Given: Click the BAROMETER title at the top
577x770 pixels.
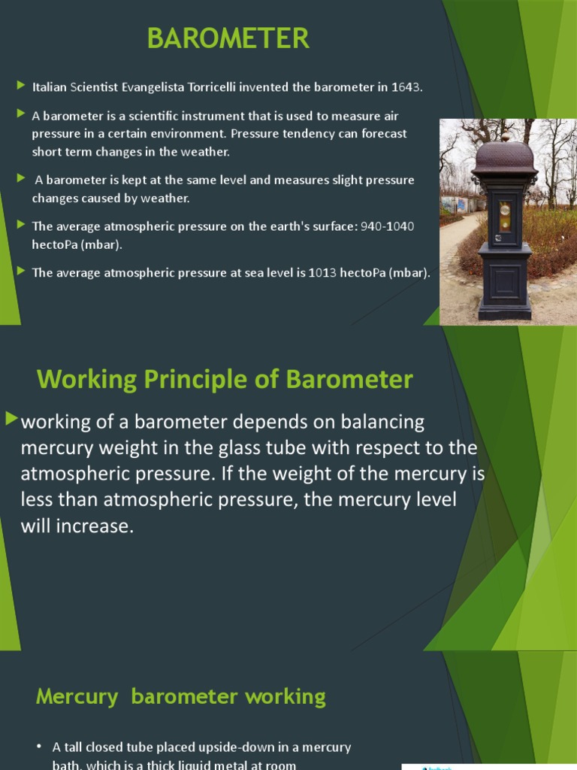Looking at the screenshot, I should (x=228, y=38).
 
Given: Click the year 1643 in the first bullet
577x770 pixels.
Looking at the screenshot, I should (x=406, y=87).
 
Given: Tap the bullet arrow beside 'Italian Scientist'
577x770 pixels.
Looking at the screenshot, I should (x=21, y=86).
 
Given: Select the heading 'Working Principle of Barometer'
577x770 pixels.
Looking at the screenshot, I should (x=225, y=379).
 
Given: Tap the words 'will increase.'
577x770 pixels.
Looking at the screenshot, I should (x=77, y=526).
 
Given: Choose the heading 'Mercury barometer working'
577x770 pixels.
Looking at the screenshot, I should (x=180, y=696).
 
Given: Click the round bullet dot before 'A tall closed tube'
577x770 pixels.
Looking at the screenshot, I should (x=39, y=747).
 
